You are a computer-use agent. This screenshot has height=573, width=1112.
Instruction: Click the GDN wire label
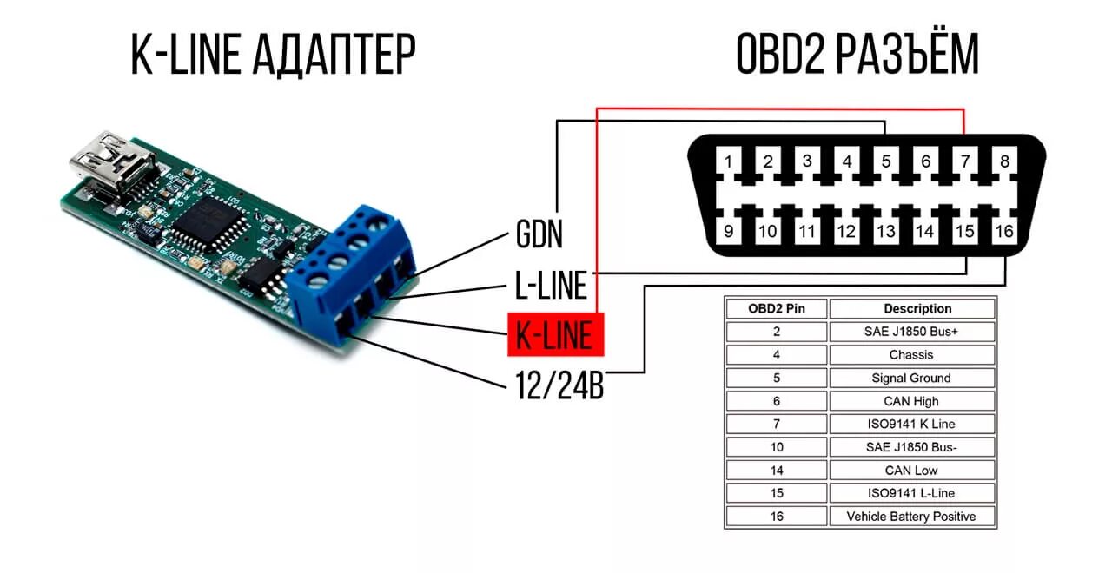pyautogui.click(x=539, y=234)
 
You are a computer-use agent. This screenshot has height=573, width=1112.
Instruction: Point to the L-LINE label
pyautogui.click(x=550, y=285)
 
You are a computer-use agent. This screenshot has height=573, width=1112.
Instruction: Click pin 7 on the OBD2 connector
pyautogui.click(x=965, y=161)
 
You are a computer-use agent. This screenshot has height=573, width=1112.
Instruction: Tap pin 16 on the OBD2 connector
pyautogui.click(x=1004, y=231)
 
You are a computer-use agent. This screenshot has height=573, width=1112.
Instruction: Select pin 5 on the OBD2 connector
pyautogui.click(x=886, y=161)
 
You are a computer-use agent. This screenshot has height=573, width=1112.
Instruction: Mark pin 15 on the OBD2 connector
pyautogui.click(x=965, y=231)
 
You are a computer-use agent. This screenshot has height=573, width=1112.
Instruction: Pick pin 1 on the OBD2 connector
pyautogui.click(x=729, y=161)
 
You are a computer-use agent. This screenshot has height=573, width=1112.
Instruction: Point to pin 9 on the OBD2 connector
pyautogui.click(x=729, y=231)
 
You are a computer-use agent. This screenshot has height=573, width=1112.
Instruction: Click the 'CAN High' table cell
pyautogui.click(x=912, y=401)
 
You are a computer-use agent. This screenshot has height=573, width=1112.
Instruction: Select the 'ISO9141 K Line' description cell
pyautogui.click(x=912, y=425)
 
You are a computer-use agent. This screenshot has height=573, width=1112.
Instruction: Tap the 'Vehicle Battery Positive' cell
pyautogui.click(x=912, y=517)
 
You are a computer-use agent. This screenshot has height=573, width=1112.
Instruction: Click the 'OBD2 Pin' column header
pyautogui.click(x=776, y=308)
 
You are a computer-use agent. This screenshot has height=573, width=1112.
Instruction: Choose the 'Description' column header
pyautogui.click(x=912, y=308)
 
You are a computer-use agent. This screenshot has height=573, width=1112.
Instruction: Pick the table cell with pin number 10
pyautogui.click(x=776, y=447)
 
